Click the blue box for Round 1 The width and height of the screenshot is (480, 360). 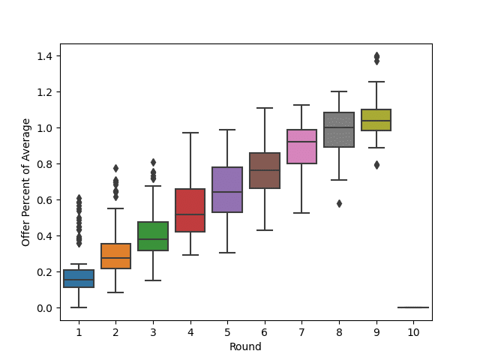point(79,278)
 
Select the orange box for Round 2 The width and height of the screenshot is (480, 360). point(115,256)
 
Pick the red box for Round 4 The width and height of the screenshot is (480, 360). point(190,210)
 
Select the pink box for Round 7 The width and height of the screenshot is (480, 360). point(301,146)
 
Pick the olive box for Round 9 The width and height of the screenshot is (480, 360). point(376,120)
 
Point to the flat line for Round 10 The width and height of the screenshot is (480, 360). point(413,307)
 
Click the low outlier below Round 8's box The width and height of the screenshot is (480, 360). point(339,203)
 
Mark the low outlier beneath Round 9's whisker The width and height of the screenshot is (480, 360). point(376,165)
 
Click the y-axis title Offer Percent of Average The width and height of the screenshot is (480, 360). point(26,182)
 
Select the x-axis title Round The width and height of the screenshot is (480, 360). point(246,346)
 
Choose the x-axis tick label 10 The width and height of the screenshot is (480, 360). point(413,331)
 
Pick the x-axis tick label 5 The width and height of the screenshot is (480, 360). point(227,331)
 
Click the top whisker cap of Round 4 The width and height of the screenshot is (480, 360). point(190,133)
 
